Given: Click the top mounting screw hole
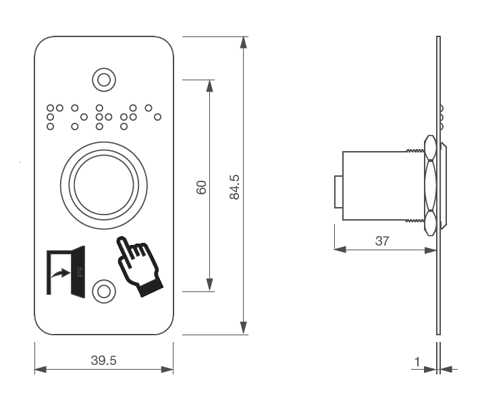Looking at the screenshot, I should coord(103,80).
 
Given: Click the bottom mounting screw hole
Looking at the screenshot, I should coord(103,291).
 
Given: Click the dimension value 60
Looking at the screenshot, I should coord(201,187).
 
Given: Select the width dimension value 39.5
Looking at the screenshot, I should coord(103,360).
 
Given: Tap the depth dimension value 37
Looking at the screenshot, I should coord(382,240).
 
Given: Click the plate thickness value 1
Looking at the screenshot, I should coord(417,362).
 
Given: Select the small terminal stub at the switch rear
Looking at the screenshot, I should coord(338,192).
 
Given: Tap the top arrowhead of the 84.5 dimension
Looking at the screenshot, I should coord(244,42).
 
